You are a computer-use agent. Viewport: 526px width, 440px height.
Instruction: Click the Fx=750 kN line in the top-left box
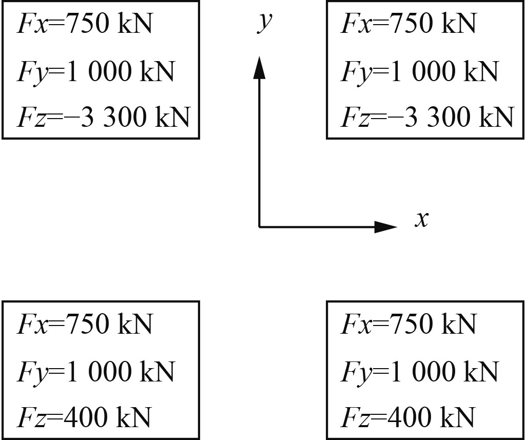point(85,24)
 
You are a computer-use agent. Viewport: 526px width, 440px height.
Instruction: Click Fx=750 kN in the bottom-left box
point(85,324)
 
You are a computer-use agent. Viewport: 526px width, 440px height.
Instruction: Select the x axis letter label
point(421,220)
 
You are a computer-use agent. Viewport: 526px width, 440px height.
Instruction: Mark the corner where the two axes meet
point(260,226)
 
